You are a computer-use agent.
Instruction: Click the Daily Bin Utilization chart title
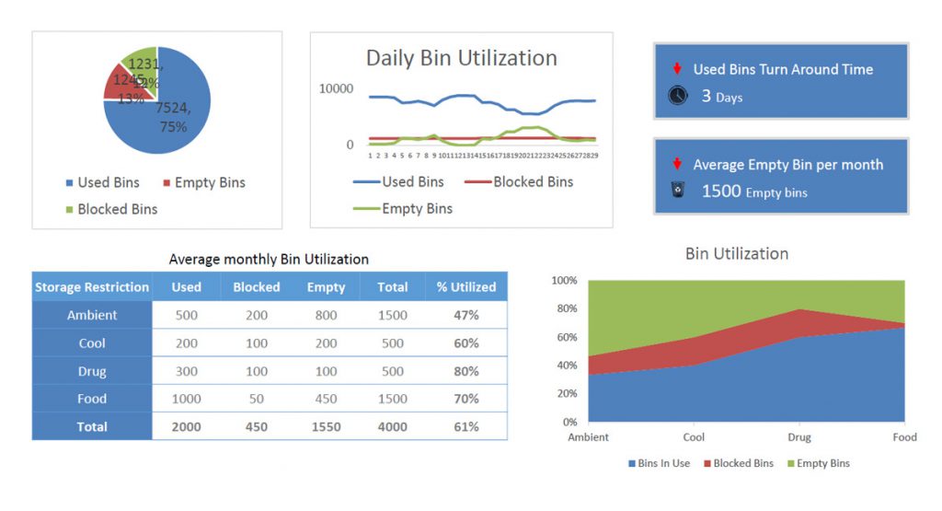tap(461, 58)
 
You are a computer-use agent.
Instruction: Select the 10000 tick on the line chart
tap(336, 88)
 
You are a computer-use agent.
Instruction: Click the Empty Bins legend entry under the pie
tap(203, 182)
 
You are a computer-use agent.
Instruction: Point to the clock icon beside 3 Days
tap(678, 96)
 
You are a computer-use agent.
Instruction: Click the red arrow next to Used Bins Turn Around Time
tap(677, 69)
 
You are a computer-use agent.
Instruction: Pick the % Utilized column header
tap(465, 287)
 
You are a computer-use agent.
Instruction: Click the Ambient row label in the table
tap(92, 315)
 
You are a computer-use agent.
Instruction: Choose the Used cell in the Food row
tap(186, 399)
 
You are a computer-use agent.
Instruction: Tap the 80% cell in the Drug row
tap(465, 371)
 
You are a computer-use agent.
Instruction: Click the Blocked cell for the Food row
tap(256, 399)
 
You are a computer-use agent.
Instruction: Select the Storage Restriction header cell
tap(92, 287)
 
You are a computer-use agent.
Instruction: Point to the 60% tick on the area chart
tap(564, 337)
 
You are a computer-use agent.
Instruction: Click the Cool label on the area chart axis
tap(694, 437)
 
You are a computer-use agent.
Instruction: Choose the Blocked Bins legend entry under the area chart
tap(738, 463)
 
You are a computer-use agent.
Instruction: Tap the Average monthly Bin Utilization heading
tap(269, 260)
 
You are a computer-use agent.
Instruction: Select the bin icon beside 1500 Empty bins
tap(678, 192)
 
